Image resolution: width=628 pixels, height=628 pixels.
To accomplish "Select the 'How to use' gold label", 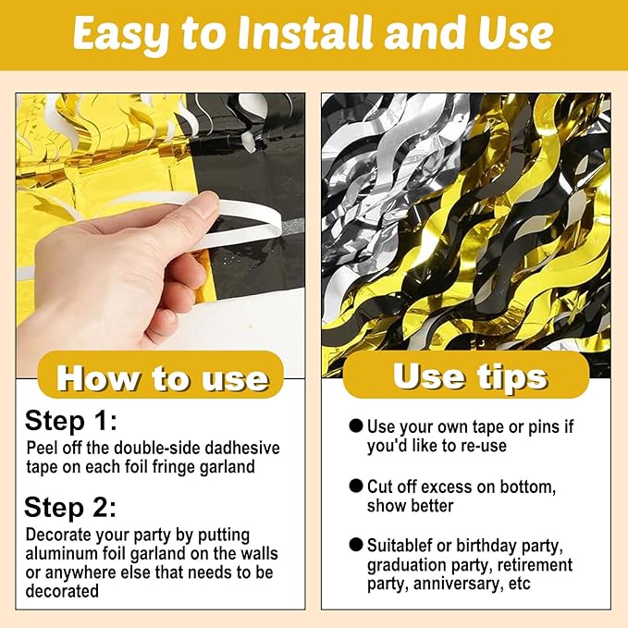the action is [161, 376].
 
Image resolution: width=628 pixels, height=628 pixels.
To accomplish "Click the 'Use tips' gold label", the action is [466, 376].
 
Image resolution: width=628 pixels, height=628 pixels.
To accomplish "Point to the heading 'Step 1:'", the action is [71, 421].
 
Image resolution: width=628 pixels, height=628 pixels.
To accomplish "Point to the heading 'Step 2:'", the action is [70, 507].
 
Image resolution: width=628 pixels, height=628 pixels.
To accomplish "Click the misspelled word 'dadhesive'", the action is [242, 448].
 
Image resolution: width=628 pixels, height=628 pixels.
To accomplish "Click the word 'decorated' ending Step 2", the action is [62, 591].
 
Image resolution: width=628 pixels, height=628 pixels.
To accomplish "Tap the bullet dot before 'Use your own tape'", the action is [356, 425].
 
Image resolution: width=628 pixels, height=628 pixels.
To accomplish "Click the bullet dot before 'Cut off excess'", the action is [356, 486].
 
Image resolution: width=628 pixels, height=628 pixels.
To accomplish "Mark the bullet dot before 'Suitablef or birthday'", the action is [356, 544].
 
